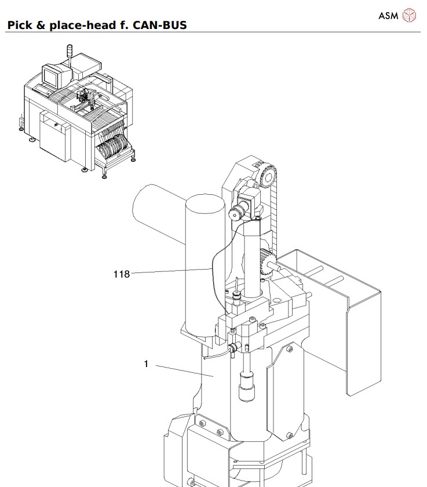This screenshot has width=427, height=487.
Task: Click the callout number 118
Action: click(x=122, y=274)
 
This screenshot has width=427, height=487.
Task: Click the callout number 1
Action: click(x=147, y=364)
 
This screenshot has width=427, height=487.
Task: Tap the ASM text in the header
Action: click(x=388, y=16)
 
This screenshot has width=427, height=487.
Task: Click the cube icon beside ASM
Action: click(x=409, y=15)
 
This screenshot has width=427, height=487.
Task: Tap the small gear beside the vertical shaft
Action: click(x=266, y=260)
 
